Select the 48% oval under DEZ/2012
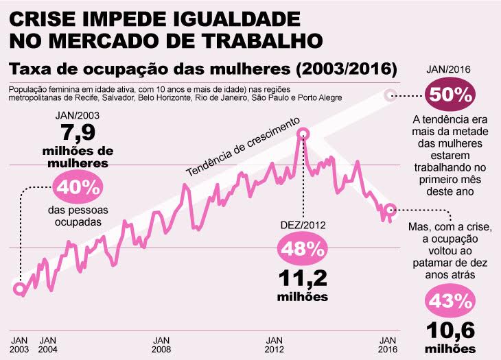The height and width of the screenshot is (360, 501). pos(302,249)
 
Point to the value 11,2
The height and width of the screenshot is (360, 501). pos(302,278)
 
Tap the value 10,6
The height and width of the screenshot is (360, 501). pos(450,331)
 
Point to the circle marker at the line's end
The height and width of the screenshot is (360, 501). pos(390,210)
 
